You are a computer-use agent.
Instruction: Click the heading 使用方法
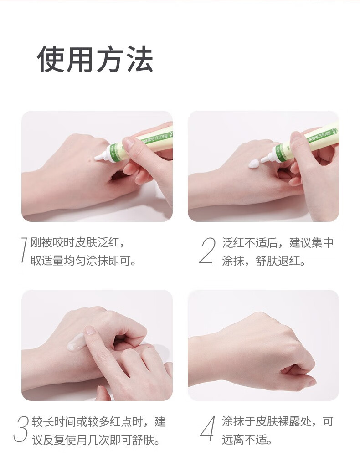(x=95, y=59)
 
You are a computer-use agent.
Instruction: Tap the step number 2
(x=207, y=251)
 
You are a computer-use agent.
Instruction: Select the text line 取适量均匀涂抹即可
(x=83, y=261)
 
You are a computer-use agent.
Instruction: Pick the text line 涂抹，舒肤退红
(x=263, y=261)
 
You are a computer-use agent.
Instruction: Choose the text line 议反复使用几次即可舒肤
(x=96, y=440)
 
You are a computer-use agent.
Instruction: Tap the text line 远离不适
(x=247, y=440)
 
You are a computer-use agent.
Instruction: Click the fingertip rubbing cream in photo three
(x=89, y=330)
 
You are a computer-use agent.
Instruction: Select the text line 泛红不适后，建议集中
(x=278, y=243)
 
